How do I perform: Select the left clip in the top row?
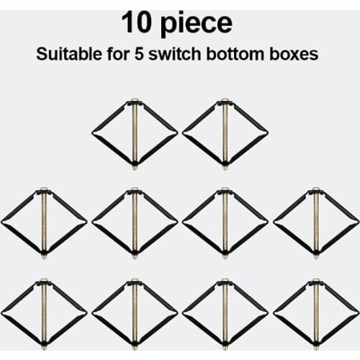pos(135,134)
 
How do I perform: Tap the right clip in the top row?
pos(225,134)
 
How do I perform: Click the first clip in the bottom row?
pos(44,313)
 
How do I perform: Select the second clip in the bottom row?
pos(135,313)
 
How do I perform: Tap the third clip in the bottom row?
pos(225,313)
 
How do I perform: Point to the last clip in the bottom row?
pos(316,313)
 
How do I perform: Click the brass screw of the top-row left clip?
pos(135,144)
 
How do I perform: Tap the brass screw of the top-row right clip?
pos(225,144)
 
